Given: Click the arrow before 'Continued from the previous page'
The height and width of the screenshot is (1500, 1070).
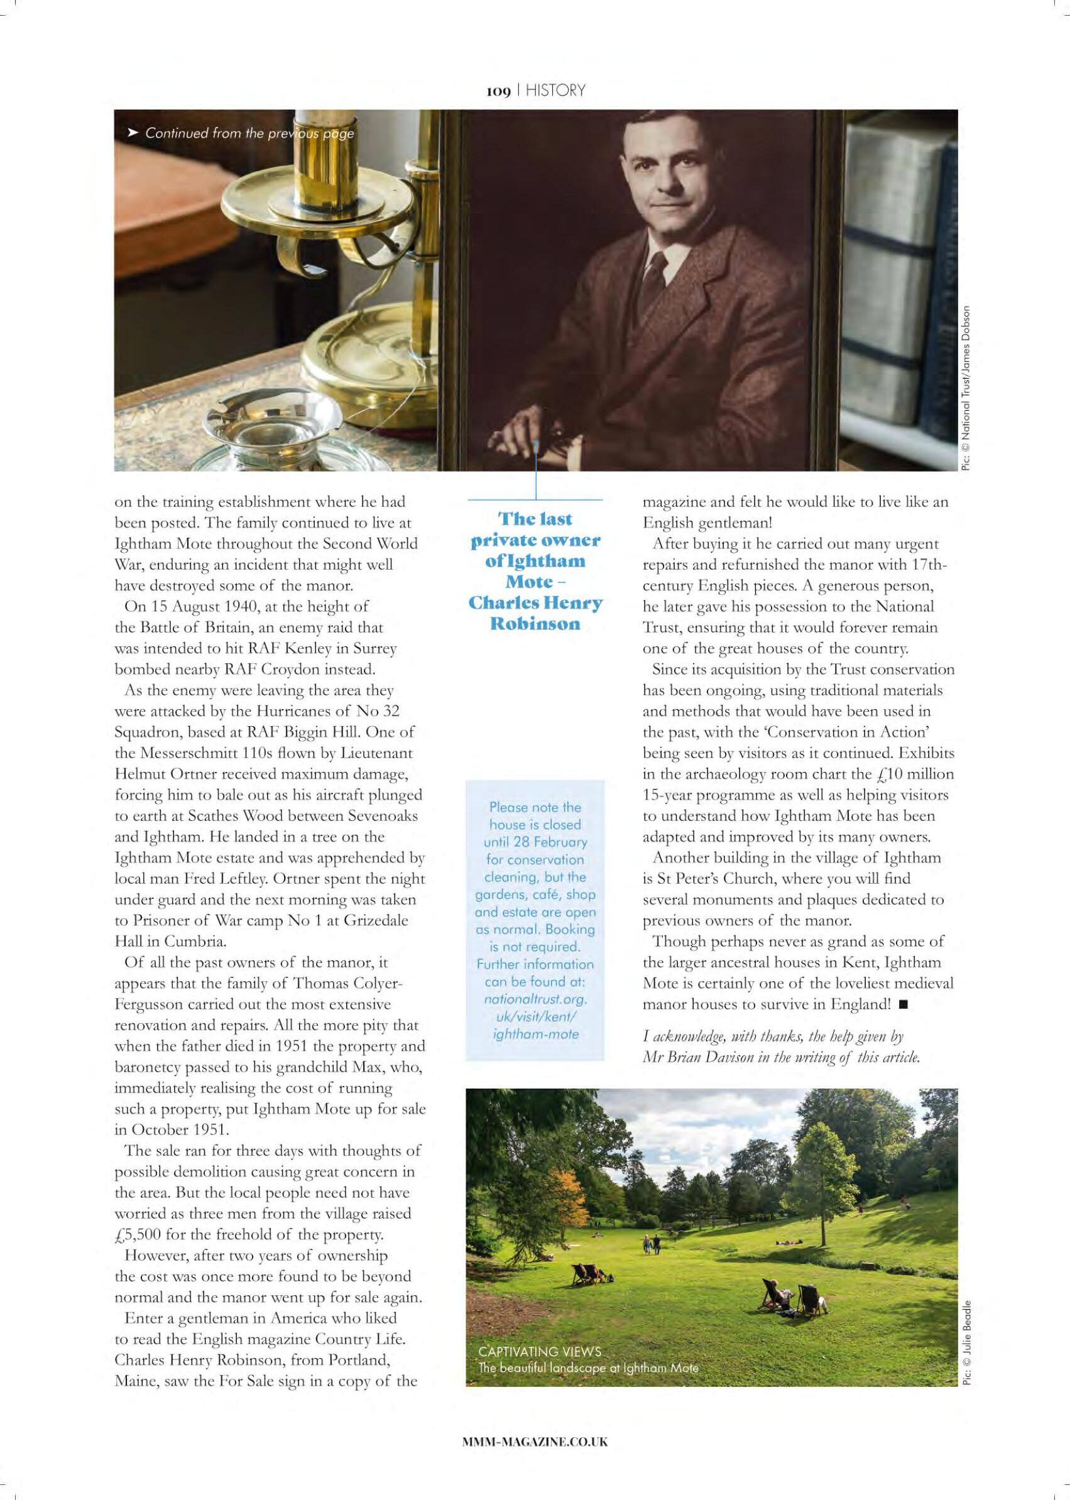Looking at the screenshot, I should [132, 133].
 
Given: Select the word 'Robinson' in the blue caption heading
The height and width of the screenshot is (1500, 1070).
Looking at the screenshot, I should [535, 623].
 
